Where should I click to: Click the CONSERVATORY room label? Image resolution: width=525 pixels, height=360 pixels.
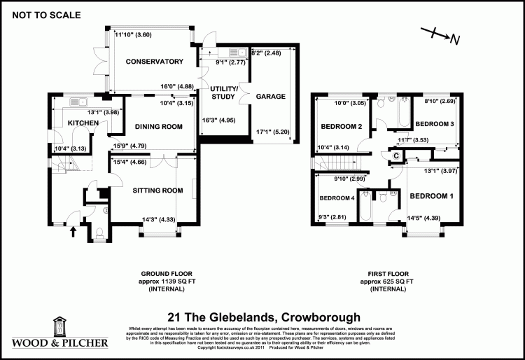154,62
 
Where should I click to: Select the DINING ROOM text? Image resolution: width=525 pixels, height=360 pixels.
158,127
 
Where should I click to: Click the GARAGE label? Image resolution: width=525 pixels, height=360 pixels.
269,96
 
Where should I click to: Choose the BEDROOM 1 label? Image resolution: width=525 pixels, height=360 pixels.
431,195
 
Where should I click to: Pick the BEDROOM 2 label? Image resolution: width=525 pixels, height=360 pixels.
342,127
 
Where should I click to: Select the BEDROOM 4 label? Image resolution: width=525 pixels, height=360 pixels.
337,198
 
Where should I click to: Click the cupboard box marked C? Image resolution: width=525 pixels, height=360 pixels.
395,155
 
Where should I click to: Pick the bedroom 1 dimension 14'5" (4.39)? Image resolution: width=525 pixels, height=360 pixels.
424,218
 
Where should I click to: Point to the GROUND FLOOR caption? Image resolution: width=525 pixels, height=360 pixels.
166,274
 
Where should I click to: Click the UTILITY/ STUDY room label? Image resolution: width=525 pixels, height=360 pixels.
225,92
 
